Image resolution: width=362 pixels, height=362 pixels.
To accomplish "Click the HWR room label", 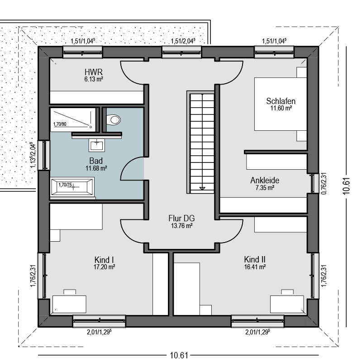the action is tap(94, 72).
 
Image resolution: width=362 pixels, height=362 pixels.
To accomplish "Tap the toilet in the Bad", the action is tap(114, 120).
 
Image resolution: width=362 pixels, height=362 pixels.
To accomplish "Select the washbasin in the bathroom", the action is tap(97, 145).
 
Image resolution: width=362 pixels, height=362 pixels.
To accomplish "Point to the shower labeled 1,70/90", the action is tap(73, 119).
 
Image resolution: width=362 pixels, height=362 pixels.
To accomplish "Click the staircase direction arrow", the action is tap(202, 188).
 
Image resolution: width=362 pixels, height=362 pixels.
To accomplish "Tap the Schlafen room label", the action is tap(281, 101).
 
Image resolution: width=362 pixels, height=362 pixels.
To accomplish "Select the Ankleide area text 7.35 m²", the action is tap(265, 188).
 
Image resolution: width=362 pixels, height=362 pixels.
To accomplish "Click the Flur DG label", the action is tap(181, 218).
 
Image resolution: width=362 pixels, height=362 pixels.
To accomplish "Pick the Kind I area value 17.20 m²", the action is tap(104, 267).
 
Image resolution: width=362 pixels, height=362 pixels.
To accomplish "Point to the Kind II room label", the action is tap(255, 259).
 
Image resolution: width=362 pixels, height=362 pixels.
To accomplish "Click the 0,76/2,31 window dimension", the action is tap(324, 184).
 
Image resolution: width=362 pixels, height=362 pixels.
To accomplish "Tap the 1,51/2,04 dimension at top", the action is tap(183, 41).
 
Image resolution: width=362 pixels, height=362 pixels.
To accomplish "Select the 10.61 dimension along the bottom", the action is tap(179, 355).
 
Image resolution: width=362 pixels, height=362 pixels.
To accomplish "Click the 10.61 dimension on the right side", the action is tap(346, 186).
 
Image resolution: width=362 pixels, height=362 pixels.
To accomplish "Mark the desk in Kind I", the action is tap(69, 304).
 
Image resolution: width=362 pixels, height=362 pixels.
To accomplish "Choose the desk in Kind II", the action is tap(287, 304).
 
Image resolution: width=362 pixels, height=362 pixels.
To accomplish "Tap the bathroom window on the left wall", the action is tap(44, 155).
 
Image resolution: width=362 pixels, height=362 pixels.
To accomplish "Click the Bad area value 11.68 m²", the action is tap(96, 168).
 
